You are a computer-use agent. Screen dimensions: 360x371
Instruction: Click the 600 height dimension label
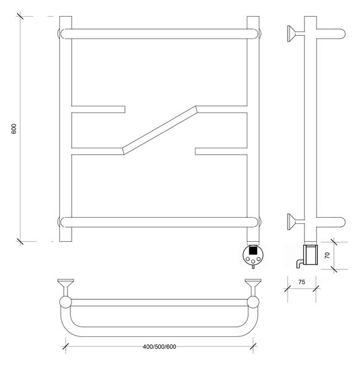[14, 129]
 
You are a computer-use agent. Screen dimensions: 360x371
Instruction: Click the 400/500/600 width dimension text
[160, 347]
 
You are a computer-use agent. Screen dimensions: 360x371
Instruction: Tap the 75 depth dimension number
[301, 282]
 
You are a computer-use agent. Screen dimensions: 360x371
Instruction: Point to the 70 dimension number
[327, 255]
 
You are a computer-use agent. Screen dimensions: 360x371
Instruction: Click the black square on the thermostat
[253, 250]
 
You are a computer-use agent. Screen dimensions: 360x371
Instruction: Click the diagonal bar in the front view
[160, 130]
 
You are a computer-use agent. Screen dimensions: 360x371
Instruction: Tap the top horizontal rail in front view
[159, 34]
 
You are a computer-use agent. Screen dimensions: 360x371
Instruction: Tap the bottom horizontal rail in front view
[159, 222]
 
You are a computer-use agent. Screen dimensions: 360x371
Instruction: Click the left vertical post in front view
[66, 129]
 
